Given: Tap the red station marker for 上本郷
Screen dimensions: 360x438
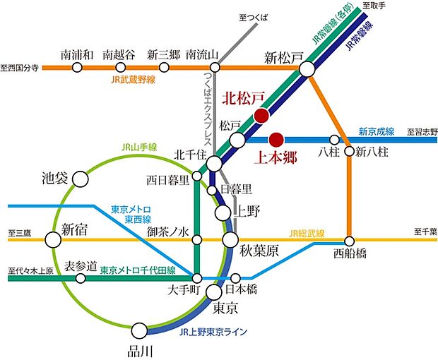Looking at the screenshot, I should point(276,138).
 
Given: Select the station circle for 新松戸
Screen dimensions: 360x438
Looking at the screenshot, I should point(307,68).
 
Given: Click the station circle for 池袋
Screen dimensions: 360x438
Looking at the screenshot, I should point(81,179).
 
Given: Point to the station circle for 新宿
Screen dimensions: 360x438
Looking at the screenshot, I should point(53,241).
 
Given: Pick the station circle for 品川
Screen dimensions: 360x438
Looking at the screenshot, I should point(140,330).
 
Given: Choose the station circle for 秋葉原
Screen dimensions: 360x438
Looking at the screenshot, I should point(230,241).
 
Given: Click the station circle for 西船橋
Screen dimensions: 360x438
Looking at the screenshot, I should point(348,241).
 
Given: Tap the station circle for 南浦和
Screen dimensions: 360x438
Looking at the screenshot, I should point(78,68).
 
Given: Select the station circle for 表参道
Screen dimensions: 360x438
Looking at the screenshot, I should point(81,278).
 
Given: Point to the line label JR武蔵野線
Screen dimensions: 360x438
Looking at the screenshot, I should point(133,80).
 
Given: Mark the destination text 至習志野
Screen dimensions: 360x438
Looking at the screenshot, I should point(420,131).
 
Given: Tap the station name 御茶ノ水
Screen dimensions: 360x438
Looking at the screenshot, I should point(166,231).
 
